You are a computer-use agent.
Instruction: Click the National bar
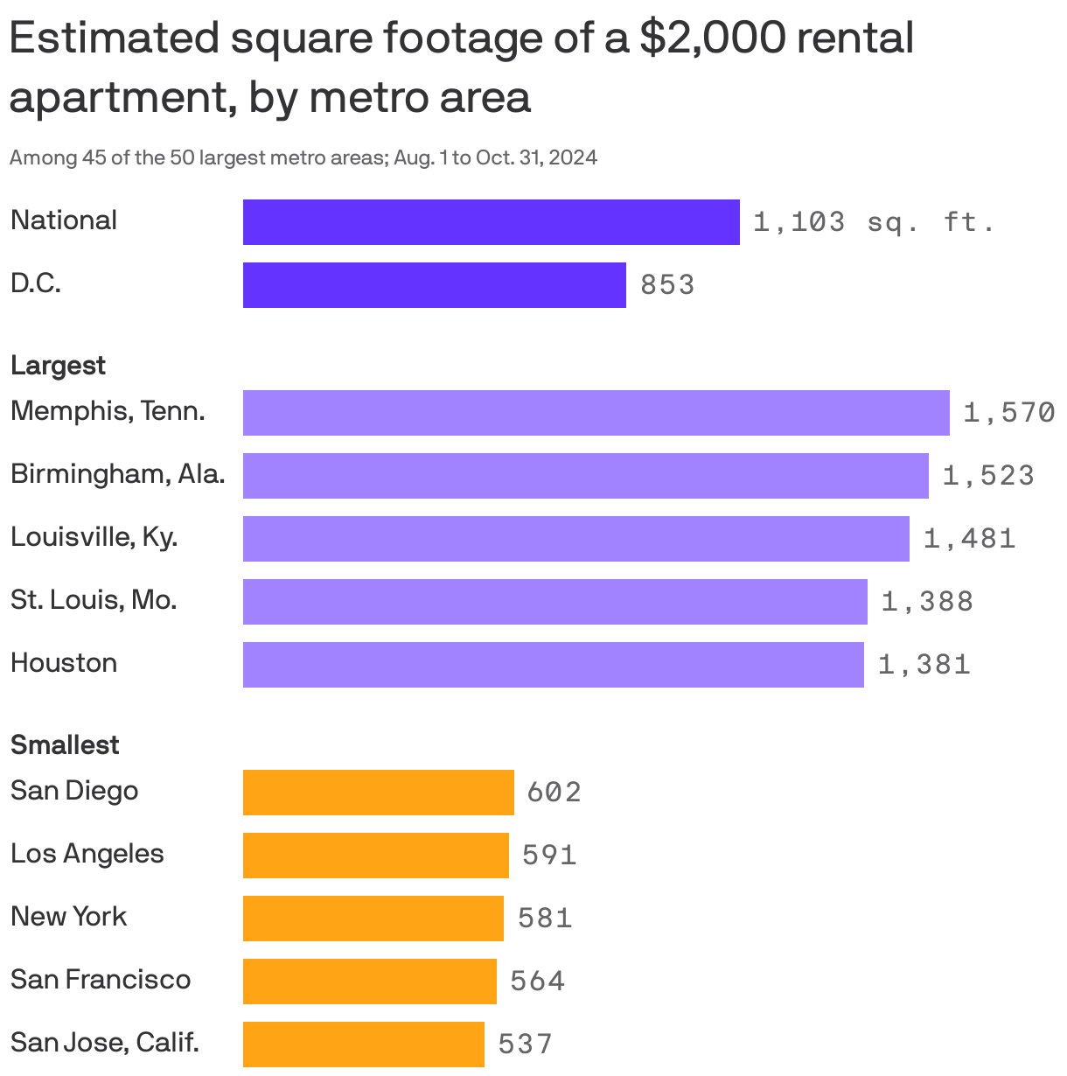(491, 222)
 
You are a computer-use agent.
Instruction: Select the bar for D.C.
(434, 285)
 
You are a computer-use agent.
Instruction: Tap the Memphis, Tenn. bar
(596, 413)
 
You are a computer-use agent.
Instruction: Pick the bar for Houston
(553, 665)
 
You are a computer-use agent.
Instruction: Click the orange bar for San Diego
(378, 793)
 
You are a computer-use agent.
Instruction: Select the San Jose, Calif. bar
(363, 1045)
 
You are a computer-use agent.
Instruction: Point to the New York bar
(373, 919)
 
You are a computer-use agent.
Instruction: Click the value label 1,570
(1008, 413)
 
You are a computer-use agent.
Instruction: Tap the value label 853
(667, 285)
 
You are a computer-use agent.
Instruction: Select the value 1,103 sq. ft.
(874, 222)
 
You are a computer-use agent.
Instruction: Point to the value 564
(537, 982)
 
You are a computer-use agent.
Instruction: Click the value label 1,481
(969, 539)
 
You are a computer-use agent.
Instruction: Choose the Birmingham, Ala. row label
(117, 474)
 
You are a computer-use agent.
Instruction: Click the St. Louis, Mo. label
(94, 600)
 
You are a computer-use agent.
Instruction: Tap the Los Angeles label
(87, 854)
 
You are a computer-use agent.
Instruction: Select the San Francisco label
(101, 980)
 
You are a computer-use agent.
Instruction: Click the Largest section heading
(58, 366)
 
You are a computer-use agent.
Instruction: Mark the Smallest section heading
(65, 745)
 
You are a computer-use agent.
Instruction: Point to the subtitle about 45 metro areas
(303, 158)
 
